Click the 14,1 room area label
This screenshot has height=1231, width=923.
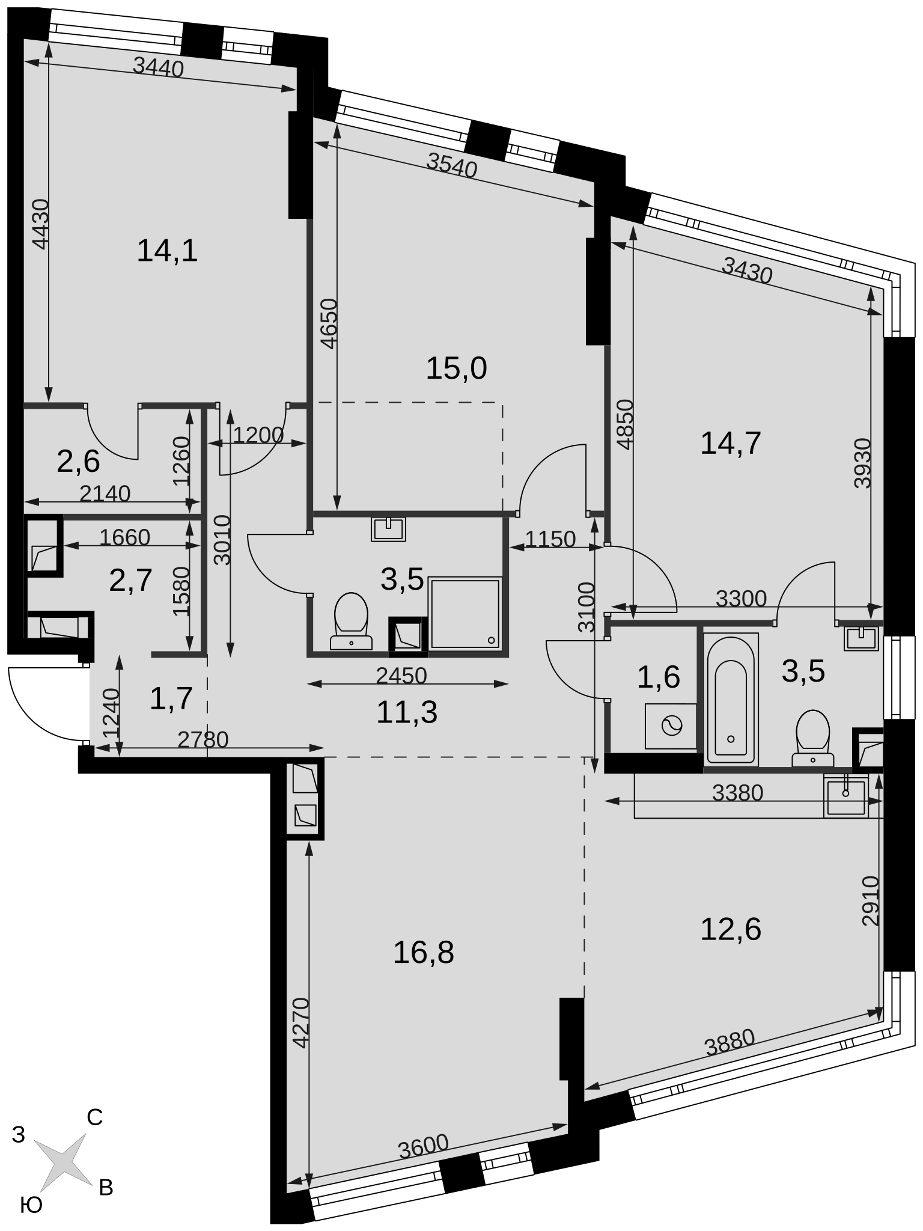pos(167,251)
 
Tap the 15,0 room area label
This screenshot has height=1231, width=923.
pos(456,368)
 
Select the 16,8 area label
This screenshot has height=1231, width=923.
pos(423,953)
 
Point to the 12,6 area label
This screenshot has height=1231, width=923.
pos(731,929)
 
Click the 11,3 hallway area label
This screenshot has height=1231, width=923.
pos(407,713)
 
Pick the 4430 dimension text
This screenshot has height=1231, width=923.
pos(41,224)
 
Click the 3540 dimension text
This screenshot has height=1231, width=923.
pos(452,165)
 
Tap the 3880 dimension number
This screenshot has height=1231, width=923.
pos(729,1043)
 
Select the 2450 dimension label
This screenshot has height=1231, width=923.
pos(401,676)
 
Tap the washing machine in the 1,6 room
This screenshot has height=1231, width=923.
pos(671,726)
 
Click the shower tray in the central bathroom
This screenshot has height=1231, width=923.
pos(465,613)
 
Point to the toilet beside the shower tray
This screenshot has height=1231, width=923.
pos(350,621)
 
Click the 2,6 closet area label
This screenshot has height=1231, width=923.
pos(78,462)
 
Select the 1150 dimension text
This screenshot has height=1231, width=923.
pos(550,539)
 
